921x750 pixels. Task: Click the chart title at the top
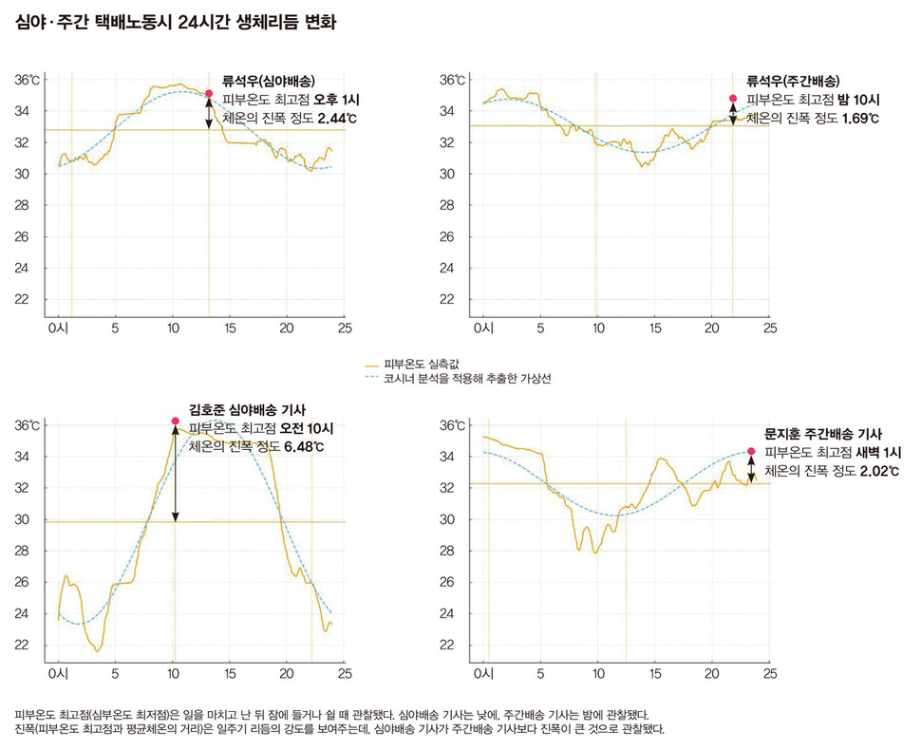tap(176, 21)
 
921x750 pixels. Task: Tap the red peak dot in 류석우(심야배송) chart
tap(209, 93)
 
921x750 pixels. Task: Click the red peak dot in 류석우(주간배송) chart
tap(733, 99)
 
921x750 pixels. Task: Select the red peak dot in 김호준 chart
tap(175, 421)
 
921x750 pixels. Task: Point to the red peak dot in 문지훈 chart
tap(751, 452)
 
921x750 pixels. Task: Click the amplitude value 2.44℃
tap(337, 119)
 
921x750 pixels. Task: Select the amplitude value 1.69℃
tap(860, 119)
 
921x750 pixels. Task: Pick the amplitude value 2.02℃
tap(878, 471)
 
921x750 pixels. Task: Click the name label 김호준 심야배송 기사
tap(247, 409)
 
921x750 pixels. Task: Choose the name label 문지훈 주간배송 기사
tap(823, 432)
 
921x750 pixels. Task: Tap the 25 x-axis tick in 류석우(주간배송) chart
tap(770, 328)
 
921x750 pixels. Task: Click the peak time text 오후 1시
tap(340, 100)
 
